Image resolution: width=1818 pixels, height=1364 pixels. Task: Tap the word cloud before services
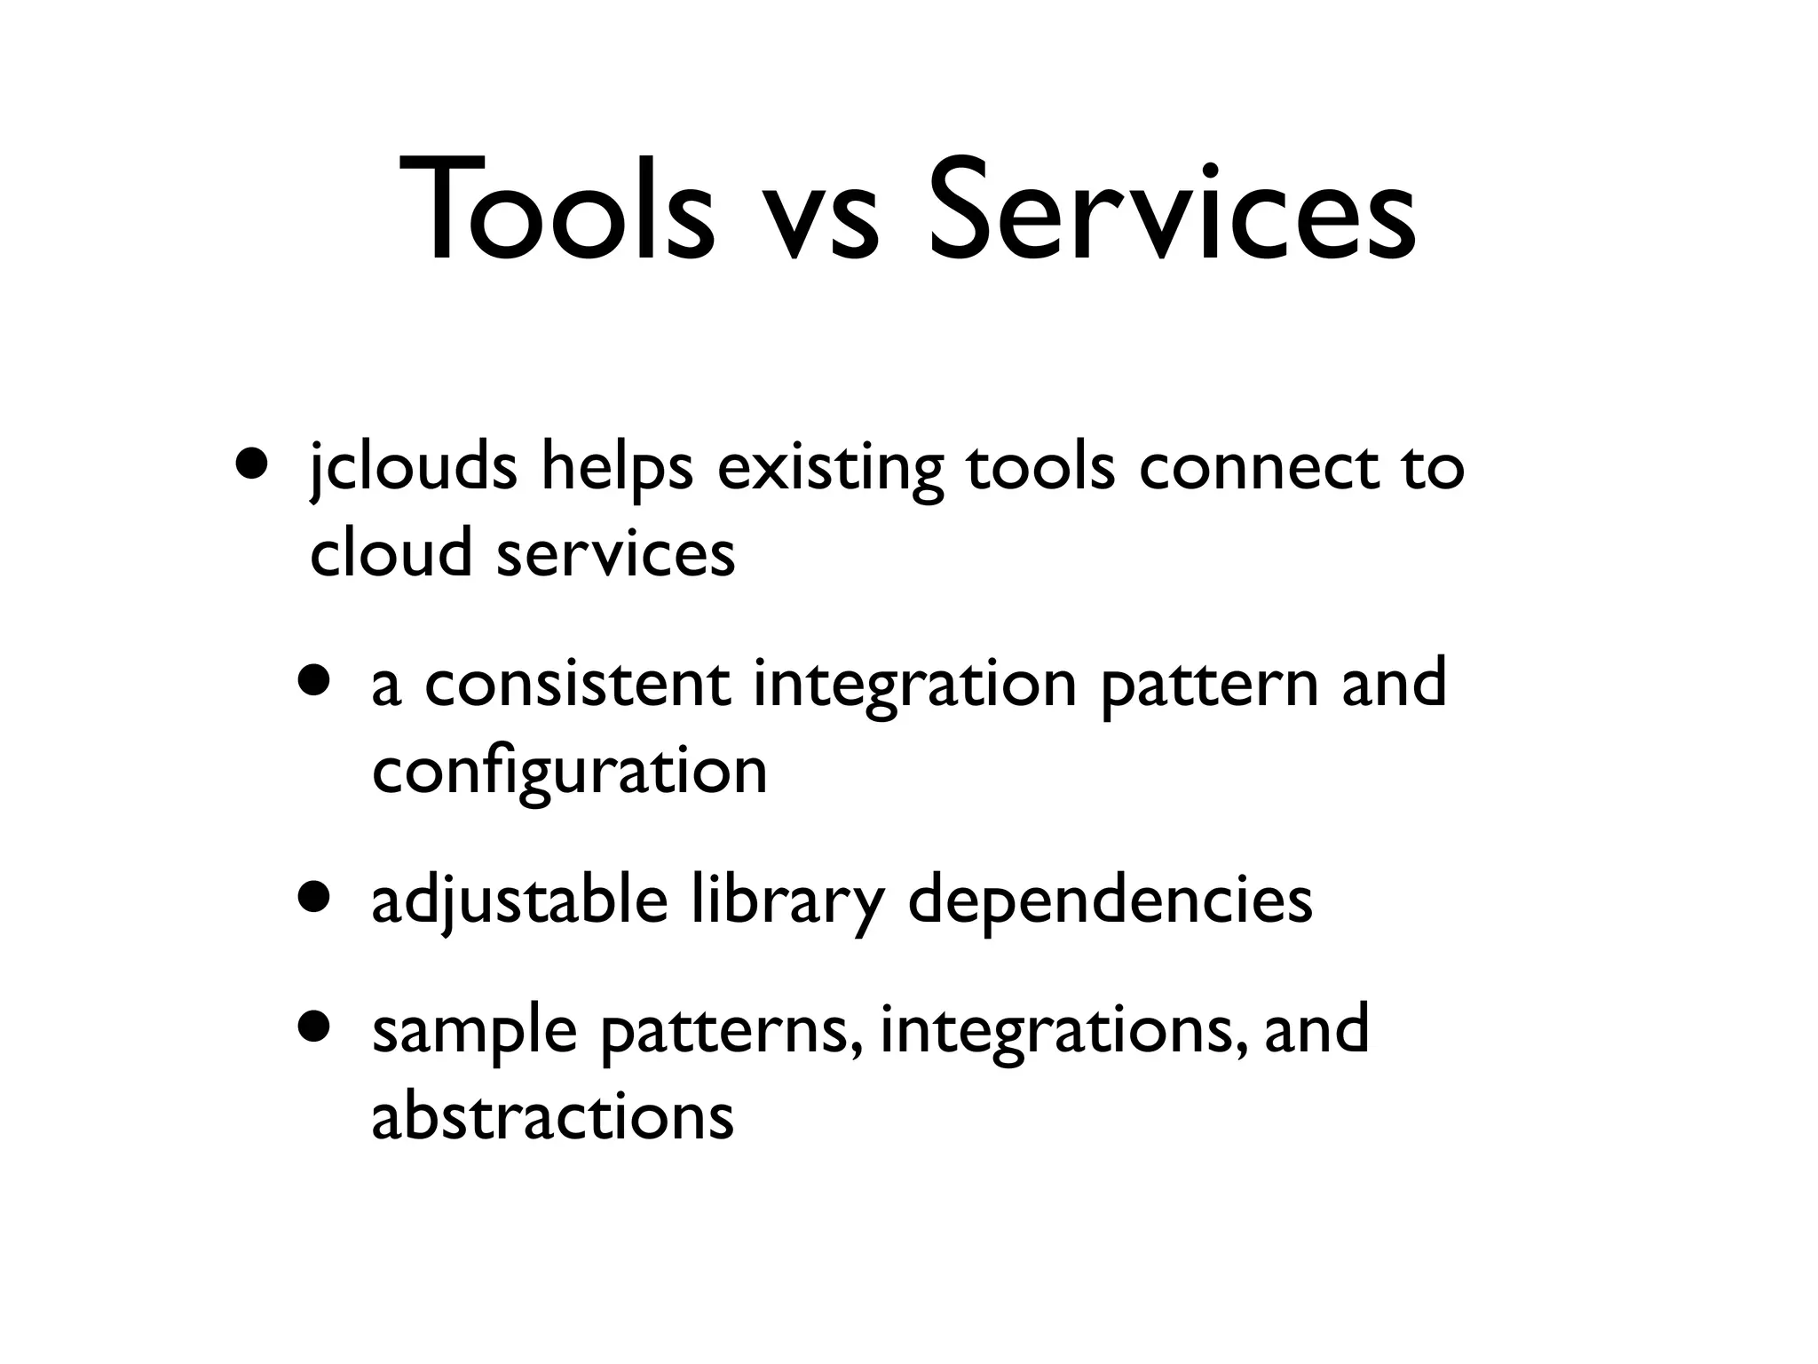(391, 552)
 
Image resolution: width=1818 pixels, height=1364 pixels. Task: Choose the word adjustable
(519, 901)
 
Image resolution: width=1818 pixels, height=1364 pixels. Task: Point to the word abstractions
(552, 1116)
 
